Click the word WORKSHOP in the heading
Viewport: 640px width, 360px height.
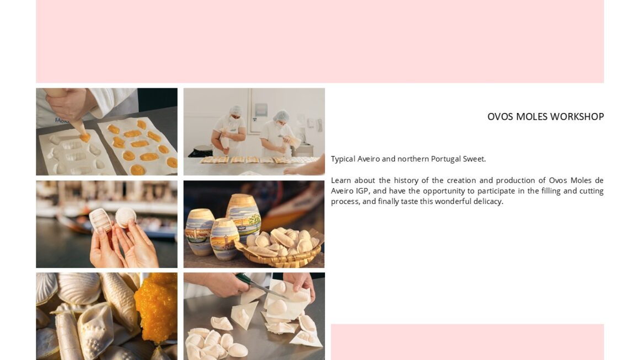point(577,117)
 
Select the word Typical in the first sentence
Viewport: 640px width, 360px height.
point(343,159)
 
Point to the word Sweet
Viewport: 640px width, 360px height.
point(474,159)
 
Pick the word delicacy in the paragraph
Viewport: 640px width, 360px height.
point(488,201)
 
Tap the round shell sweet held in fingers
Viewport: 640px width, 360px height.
point(126,217)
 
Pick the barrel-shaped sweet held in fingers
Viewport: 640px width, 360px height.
point(100,219)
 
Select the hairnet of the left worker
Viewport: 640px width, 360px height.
point(236,110)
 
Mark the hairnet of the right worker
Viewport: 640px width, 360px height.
point(281,116)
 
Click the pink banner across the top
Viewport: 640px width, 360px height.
point(320,41)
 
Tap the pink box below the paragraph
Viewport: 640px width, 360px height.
point(467,342)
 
